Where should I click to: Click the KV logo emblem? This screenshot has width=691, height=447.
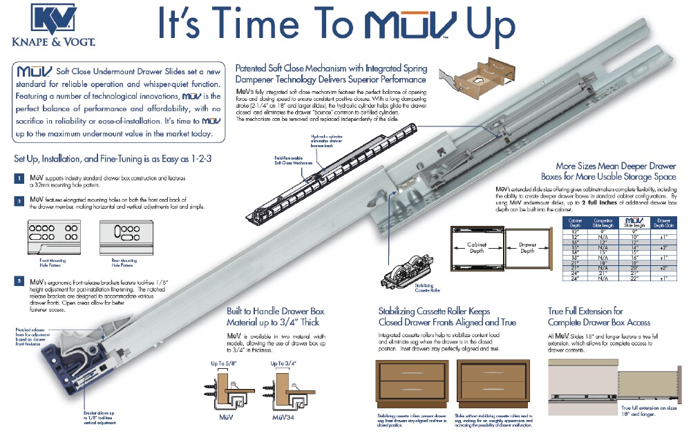point(53,18)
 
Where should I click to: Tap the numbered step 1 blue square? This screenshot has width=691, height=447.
point(19,178)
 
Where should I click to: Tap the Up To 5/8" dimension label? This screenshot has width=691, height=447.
point(224,363)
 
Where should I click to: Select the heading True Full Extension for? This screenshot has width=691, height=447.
point(585,312)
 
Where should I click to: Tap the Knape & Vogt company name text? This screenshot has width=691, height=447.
point(53,41)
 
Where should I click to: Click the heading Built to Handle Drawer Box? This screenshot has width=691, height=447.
point(275,312)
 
